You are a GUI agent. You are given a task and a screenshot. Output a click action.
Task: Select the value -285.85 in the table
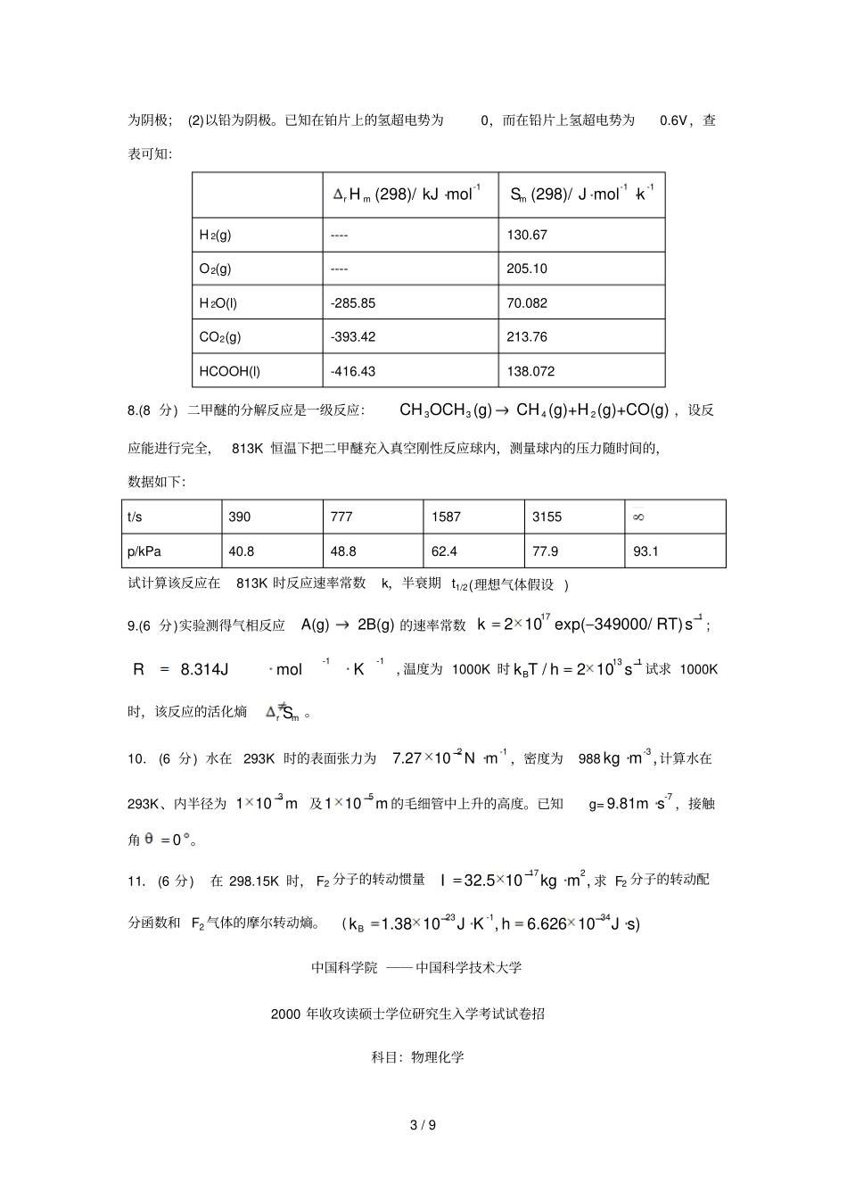coord(353,303)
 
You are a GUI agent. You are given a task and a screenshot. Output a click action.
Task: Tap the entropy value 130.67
coord(527,235)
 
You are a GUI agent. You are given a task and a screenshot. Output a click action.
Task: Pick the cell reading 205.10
coord(527,269)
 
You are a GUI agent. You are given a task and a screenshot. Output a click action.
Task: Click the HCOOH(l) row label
coord(230,371)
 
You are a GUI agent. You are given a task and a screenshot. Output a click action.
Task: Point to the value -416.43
coord(353,371)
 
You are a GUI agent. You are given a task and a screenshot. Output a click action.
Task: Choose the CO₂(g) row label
coord(220,337)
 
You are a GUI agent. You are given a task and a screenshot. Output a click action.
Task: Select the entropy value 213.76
coord(527,337)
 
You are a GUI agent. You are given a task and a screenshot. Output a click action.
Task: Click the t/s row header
coord(135,517)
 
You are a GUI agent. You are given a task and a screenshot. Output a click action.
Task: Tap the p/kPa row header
coord(143,551)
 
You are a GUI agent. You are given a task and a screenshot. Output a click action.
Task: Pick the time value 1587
coord(446,517)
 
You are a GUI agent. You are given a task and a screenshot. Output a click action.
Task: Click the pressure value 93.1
coord(646,551)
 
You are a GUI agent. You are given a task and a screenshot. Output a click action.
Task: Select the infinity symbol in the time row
coord(638,517)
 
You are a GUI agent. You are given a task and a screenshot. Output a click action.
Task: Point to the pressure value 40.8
coord(242,551)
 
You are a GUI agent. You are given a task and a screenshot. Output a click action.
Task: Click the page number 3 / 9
coord(423,1125)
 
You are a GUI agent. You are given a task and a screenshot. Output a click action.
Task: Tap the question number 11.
coord(136,881)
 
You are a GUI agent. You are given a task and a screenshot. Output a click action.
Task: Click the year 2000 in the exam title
coord(285,1014)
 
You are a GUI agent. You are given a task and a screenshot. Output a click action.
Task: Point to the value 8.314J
coord(205,669)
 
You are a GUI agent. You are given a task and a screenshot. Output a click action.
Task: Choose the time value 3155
coord(547,517)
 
